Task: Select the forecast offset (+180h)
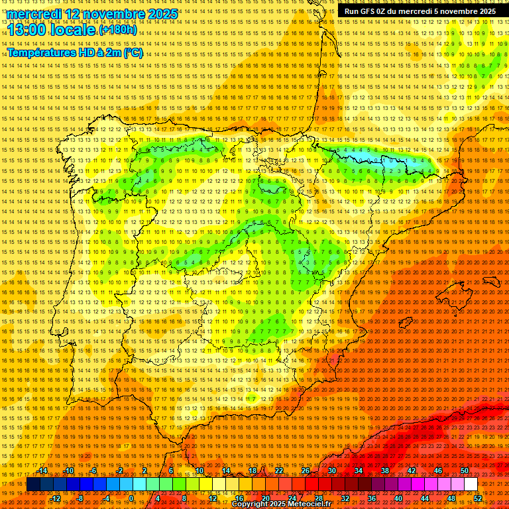click(x=118, y=30)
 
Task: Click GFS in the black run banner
click(x=372, y=11)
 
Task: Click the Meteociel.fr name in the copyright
click(x=307, y=504)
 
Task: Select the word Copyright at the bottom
click(x=251, y=504)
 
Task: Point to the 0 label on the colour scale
click(x=131, y=498)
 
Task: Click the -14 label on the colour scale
click(x=43, y=471)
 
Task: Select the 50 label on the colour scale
click(x=465, y=471)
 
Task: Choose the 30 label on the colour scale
click(x=331, y=471)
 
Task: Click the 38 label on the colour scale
click(x=384, y=471)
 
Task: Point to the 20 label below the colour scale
click(x=265, y=498)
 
